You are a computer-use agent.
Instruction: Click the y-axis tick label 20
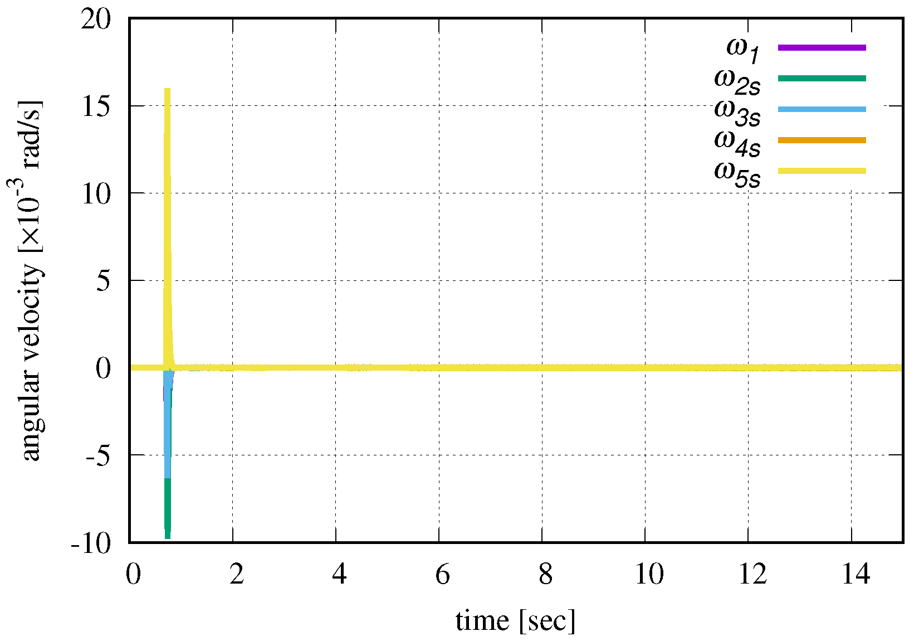[96, 20]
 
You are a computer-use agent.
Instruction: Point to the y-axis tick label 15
[96, 106]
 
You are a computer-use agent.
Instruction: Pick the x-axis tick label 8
[546, 574]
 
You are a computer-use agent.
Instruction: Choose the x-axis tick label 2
[237, 574]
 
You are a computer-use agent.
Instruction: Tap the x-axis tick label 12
[752, 574]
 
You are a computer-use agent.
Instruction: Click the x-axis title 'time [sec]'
[515, 621]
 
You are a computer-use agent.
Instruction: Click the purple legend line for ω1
[822, 47]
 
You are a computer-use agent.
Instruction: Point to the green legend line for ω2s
[822, 78]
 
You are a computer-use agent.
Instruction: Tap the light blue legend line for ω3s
[822, 109]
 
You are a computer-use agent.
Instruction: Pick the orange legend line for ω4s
[822, 140]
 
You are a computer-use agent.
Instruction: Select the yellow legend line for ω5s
[822, 171]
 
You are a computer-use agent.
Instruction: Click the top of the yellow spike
[167, 90]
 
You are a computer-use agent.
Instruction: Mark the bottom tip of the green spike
[167, 536]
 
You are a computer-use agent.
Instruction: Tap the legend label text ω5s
[737, 173]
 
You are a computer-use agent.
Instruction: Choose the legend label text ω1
[742, 49]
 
